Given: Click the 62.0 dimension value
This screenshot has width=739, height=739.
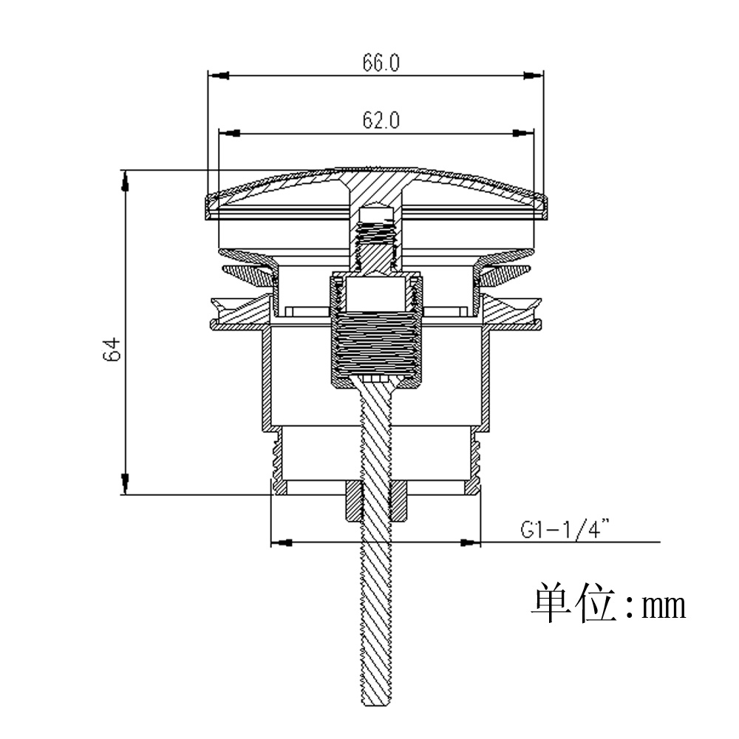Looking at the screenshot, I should pos(381,121).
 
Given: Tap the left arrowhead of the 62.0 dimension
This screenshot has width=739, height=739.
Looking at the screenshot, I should pos(231,133).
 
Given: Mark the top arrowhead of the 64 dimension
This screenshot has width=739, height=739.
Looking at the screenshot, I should pos(126,180).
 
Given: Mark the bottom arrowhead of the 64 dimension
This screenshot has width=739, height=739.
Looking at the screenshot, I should pos(126,485).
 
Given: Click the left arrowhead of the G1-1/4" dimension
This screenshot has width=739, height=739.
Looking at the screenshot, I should pos(280,542).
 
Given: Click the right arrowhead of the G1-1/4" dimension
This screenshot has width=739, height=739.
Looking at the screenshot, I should pos(471,542).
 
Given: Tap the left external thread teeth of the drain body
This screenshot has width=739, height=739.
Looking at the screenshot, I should pos(276,458).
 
